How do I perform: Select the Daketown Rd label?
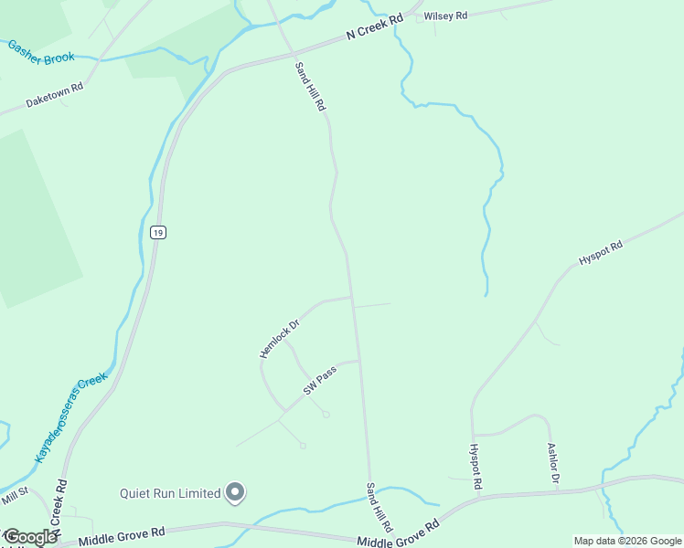54,95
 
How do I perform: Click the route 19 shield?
158,233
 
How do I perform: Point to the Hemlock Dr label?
279,338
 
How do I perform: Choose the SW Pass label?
320,381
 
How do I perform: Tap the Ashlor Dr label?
553,464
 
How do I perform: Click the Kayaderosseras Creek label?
71,416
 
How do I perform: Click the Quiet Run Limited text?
170,493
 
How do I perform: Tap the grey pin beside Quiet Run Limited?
235,492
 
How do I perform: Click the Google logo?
29,537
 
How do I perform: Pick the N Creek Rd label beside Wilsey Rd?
374,26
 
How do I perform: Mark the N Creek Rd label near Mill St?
59,508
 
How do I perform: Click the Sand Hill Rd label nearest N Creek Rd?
310,86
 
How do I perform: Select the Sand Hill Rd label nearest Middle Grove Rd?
379,507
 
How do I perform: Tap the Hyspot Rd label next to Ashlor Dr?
475,467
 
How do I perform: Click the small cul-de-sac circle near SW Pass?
326,415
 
